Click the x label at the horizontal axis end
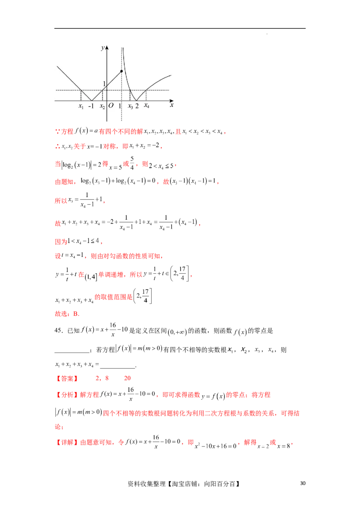click(x=172, y=105)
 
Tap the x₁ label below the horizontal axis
click(x=81, y=107)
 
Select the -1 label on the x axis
click(x=91, y=107)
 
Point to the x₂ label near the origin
click(x=102, y=107)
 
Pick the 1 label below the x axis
click(x=120, y=107)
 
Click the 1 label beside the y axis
click(x=104, y=84)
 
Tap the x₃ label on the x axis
click(x=130, y=107)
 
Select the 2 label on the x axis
click(x=137, y=107)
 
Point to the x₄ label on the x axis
click(x=147, y=106)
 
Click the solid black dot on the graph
click(x=121, y=71)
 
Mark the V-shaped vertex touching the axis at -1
click(x=91, y=101)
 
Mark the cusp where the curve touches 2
click(x=137, y=101)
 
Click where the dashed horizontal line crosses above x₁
click(x=81, y=90)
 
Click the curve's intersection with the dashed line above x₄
click(x=146, y=90)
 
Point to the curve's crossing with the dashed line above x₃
click(x=130, y=90)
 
